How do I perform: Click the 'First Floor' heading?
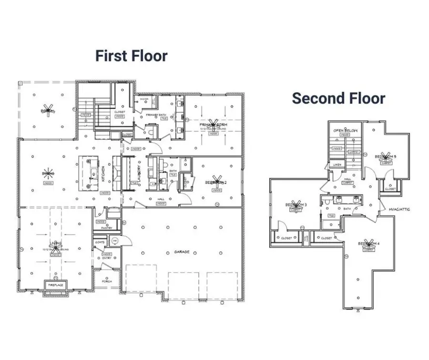[131, 56]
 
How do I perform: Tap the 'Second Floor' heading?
[338, 98]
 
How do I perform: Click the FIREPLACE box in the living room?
[55, 285]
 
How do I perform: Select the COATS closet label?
[100, 243]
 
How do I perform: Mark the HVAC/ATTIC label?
[400, 209]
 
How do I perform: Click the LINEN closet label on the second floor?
[337, 165]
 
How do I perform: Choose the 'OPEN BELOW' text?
[345, 130]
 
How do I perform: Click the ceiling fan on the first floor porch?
[47, 109]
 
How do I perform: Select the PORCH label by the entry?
[107, 281]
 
